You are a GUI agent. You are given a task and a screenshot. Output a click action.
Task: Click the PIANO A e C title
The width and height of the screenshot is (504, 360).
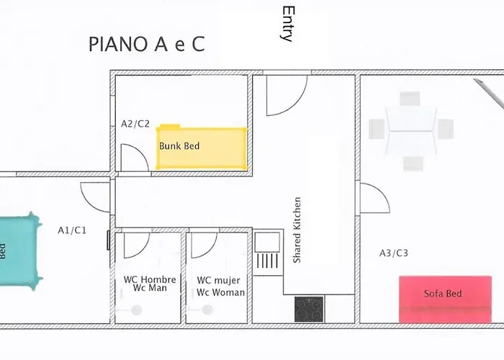147,44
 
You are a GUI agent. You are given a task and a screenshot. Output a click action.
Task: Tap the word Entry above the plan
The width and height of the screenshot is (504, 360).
287,24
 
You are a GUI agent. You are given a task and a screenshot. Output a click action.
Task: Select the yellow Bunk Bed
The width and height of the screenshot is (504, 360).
202,148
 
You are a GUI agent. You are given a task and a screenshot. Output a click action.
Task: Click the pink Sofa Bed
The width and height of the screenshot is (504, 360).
445,299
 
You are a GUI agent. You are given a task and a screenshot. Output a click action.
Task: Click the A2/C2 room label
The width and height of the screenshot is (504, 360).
135,124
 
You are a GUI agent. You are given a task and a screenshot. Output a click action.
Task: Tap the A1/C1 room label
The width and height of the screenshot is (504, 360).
72,230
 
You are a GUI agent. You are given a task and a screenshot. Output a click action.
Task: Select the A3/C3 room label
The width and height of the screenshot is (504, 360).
393,253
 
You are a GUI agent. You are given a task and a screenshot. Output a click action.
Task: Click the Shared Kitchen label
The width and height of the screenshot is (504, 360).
297,230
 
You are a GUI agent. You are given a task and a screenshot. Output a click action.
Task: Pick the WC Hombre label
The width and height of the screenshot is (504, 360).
150,279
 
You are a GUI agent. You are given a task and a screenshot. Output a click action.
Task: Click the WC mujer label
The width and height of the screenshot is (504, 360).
219,280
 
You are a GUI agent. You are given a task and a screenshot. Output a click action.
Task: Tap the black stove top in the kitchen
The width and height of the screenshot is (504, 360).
309,309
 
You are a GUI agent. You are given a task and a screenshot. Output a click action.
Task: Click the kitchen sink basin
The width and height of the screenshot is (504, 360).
267,242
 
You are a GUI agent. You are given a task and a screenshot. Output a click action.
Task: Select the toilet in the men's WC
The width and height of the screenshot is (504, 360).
136,310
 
